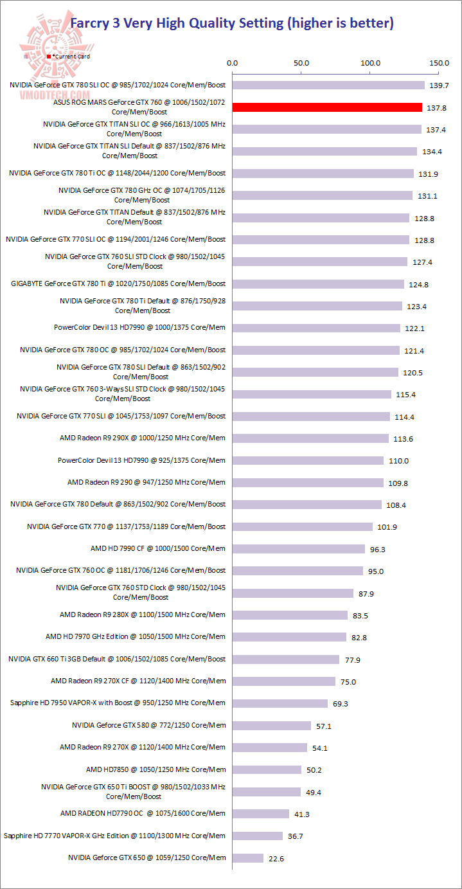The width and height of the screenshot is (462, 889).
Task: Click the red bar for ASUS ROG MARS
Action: click(x=327, y=107)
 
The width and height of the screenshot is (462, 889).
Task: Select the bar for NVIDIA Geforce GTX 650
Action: click(x=248, y=858)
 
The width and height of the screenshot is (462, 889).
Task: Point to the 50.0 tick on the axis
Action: click(x=301, y=63)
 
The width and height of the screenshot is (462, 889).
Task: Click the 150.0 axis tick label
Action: click(x=440, y=63)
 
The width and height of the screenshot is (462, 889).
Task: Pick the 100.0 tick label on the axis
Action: click(x=371, y=63)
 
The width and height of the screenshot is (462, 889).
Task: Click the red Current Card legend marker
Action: click(x=49, y=57)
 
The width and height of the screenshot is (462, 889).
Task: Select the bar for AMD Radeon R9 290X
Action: click(x=310, y=438)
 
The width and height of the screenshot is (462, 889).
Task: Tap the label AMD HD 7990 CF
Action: click(x=158, y=548)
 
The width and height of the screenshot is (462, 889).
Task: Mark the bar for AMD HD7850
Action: click(x=267, y=769)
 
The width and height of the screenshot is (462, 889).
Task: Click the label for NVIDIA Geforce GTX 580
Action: click(x=148, y=725)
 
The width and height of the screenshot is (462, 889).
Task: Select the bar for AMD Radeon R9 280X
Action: click(x=290, y=615)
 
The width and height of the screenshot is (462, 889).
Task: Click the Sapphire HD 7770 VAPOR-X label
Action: click(x=114, y=836)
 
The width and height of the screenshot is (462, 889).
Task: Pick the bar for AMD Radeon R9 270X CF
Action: click(x=284, y=681)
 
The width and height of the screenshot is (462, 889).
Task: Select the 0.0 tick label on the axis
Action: click(x=233, y=63)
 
